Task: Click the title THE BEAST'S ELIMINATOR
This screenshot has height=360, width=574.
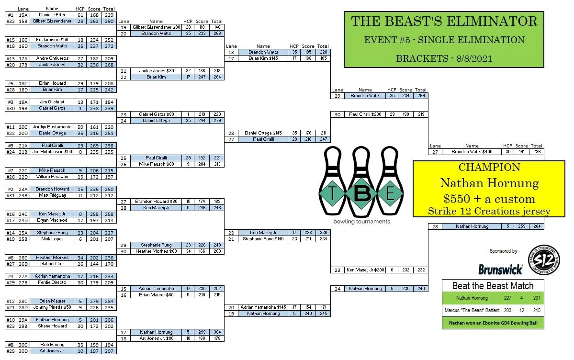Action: coord(444,22)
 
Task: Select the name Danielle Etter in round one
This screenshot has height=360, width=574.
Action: coord(52,15)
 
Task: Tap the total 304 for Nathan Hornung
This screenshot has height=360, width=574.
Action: coord(217,332)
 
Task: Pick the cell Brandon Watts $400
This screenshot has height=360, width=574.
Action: coord(472,152)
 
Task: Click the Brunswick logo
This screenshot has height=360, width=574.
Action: coord(500,270)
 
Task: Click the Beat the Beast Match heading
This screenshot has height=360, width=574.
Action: coord(493,286)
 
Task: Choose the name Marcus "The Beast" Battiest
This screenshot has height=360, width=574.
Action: coord(472,310)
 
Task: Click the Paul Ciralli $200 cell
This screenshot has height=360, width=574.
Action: coord(365,114)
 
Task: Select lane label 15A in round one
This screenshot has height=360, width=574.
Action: coord(23,15)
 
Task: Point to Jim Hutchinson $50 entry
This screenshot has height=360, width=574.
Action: coord(52,152)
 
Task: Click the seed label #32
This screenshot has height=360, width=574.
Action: coord(10,21)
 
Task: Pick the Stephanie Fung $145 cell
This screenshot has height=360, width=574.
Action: coord(263,239)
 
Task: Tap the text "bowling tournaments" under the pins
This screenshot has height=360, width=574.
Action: coord(361,221)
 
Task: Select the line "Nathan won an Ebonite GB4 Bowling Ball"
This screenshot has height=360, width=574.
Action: coord(493,323)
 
